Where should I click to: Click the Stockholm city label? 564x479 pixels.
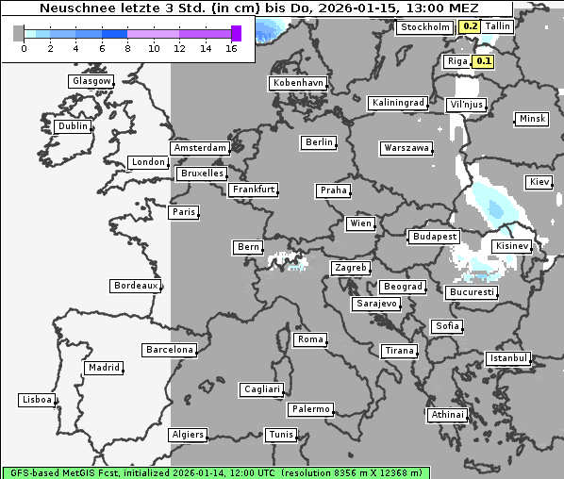pyautogui.click(x=425, y=27)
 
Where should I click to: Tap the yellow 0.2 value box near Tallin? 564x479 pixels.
pyautogui.click(x=469, y=27)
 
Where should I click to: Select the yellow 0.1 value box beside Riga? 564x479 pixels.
pyautogui.click(x=484, y=61)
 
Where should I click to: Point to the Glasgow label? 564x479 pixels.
pyautogui.click(x=91, y=81)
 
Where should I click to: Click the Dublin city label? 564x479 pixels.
pyautogui.click(x=73, y=126)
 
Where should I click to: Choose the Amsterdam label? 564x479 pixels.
pyautogui.click(x=200, y=148)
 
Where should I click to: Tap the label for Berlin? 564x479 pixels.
pyautogui.click(x=319, y=142)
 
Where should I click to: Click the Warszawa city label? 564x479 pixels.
pyautogui.click(x=406, y=148)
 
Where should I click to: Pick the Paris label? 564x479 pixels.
pyautogui.click(x=184, y=212)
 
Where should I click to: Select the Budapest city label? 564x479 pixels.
pyautogui.click(x=434, y=237)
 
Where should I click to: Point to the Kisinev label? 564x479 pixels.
pyautogui.click(x=512, y=246)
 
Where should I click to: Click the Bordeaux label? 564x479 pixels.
pyautogui.click(x=136, y=286)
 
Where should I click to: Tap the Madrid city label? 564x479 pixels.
pyautogui.click(x=103, y=368)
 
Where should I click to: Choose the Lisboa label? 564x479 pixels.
pyautogui.click(x=38, y=400)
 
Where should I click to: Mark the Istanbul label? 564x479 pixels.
pyautogui.click(x=508, y=358)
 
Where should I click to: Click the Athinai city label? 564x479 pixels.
pyautogui.click(x=447, y=415)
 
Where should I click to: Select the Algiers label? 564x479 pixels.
pyautogui.click(x=187, y=435)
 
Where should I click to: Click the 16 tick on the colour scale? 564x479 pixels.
pyautogui.click(x=231, y=48)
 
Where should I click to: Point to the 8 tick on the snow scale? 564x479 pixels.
pyautogui.click(x=128, y=48)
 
